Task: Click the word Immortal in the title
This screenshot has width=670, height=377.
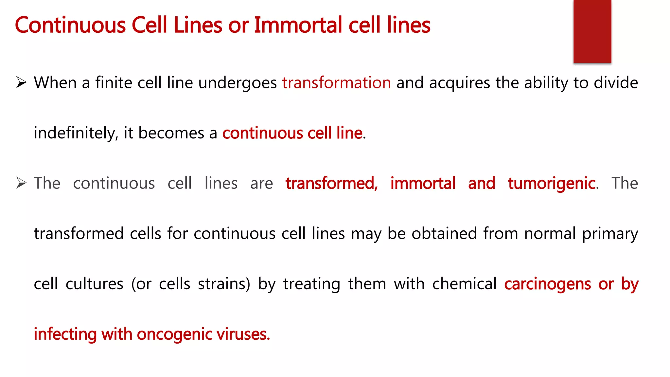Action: pos(298,25)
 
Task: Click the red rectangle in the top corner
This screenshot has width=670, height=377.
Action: pos(592,31)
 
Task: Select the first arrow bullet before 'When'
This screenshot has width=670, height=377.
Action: pos(21,82)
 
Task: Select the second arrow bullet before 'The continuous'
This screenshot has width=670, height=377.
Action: pos(21,183)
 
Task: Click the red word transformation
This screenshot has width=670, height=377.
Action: pos(337,83)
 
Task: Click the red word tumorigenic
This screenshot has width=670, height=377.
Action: pos(552,183)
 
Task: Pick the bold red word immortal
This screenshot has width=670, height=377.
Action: pos(423,183)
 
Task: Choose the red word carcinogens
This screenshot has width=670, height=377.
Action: pos(547,284)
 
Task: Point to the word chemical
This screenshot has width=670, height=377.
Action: pos(464,284)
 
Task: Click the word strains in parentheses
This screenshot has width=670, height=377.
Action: pos(222,284)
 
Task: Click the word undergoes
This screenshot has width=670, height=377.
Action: pos(238,83)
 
